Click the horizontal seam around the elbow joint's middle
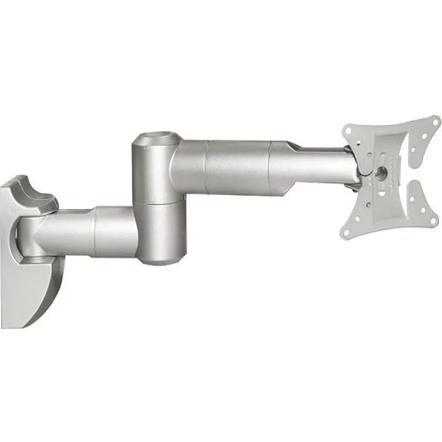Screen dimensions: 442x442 coord(157,202)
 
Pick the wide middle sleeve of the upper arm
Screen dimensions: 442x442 coord(237,166)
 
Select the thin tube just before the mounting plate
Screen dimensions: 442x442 coord(327,165)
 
